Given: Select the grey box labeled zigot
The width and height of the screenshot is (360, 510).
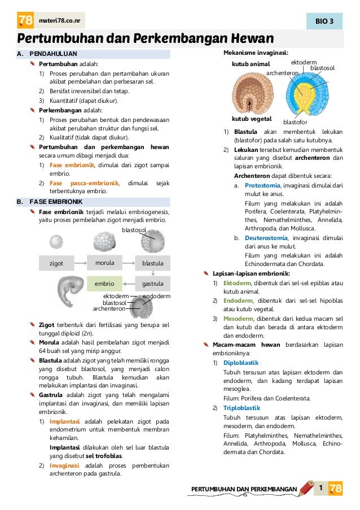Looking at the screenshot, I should (x=56, y=263).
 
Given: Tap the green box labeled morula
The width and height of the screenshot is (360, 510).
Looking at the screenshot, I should (x=104, y=263).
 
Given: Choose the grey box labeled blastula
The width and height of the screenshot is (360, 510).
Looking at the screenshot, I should (x=152, y=263).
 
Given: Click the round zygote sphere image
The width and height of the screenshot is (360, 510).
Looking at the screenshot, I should (x=56, y=242).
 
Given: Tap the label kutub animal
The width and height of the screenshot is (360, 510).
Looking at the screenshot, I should (x=251, y=64).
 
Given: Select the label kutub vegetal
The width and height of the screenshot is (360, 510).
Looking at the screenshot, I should (x=252, y=119).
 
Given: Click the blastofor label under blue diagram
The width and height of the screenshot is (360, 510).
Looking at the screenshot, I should (x=295, y=122).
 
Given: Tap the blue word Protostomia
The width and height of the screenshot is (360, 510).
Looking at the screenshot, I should (x=263, y=185).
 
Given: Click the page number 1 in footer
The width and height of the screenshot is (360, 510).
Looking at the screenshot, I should (x=320, y=487).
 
